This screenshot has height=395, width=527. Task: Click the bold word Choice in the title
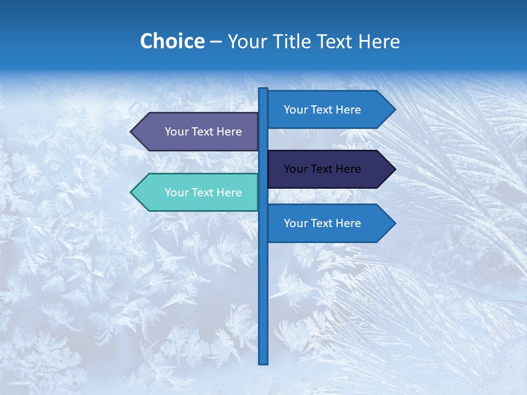coord(172,41)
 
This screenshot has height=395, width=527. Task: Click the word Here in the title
coord(379,41)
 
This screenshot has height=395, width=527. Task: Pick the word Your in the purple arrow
coord(176,132)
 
